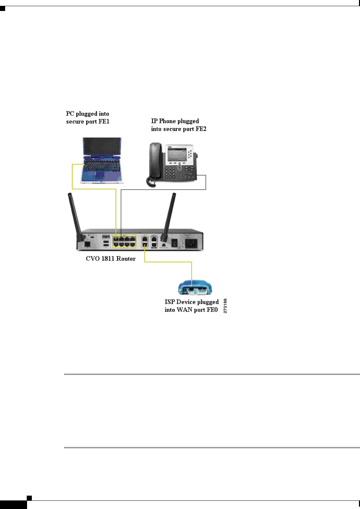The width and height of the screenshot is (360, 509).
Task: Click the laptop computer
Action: click(101, 160)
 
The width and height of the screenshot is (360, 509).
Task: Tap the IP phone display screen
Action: click(177, 155)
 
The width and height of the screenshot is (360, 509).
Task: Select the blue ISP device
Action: click(195, 288)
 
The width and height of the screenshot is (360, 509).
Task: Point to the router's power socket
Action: click(191, 243)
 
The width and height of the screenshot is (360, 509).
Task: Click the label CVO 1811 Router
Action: click(111, 259)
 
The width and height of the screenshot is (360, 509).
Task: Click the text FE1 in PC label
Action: click(104, 122)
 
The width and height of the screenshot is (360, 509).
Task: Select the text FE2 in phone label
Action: click(201, 129)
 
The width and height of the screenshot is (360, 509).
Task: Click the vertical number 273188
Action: click(225, 306)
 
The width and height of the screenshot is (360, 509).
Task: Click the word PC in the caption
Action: click(70, 114)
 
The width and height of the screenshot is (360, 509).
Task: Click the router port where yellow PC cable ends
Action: click(116, 239)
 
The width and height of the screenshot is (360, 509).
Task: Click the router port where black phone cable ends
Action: click(121, 239)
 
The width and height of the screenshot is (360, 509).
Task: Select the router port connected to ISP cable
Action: click(145, 245)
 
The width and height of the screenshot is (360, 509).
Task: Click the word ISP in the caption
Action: click(170, 302)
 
